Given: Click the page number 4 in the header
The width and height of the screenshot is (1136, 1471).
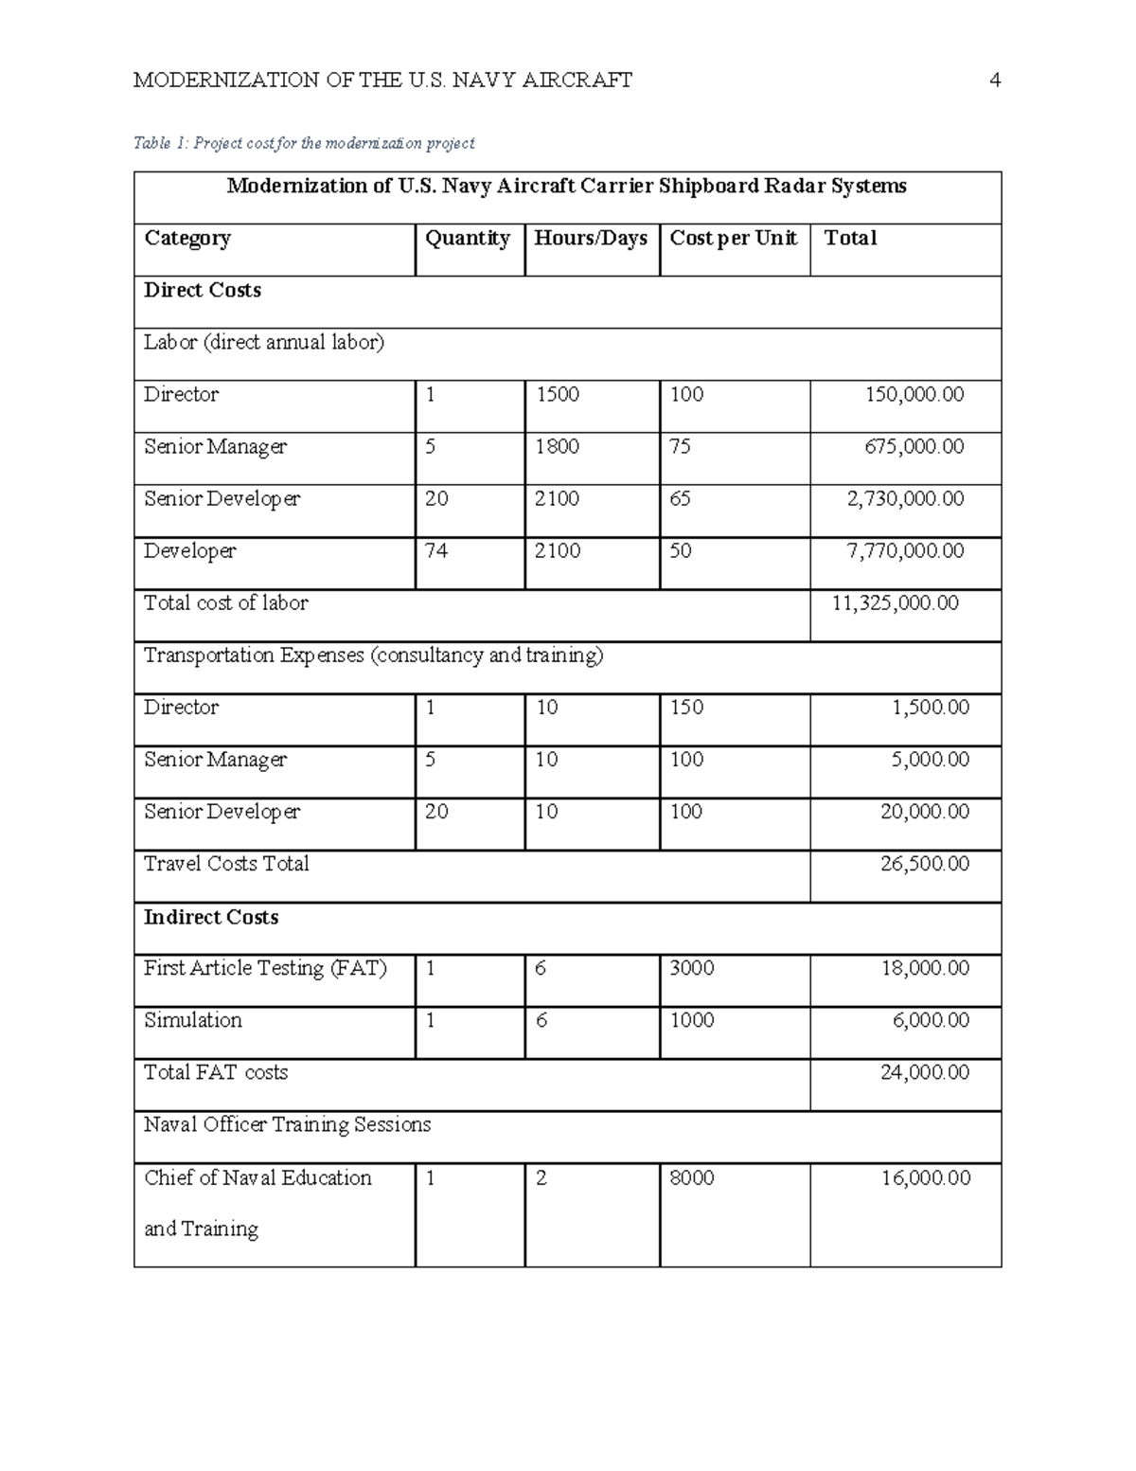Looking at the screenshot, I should pyautogui.click(x=994, y=81).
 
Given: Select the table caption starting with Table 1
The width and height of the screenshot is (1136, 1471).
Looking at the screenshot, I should pyautogui.click(x=304, y=143).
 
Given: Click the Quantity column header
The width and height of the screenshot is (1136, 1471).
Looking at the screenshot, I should pyautogui.click(x=468, y=239).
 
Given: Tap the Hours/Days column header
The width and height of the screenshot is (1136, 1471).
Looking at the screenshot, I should pyautogui.click(x=591, y=239).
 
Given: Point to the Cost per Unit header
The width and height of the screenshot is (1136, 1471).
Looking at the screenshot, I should pyautogui.click(x=734, y=239).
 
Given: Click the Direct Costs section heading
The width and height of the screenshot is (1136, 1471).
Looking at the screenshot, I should pyautogui.click(x=203, y=291).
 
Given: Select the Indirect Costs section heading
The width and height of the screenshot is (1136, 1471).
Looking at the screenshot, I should pyautogui.click(x=211, y=917).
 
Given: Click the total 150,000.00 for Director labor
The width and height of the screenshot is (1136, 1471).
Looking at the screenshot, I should pyautogui.click(x=914, y=395).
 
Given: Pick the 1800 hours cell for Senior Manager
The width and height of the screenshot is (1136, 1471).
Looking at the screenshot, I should pyautogui.click(x=557, y=447).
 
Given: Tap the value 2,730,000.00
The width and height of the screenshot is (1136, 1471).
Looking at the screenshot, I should pyautogui.click(x=905, y=499).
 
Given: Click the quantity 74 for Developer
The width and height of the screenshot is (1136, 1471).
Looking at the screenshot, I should pyautogui.click(x=436, y=551).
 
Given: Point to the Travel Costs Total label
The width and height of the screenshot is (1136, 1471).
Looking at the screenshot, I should pyautogui.click(x=226, y=864).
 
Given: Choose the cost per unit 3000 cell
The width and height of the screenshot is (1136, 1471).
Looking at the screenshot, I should pyautogui.click(x=692, y=968).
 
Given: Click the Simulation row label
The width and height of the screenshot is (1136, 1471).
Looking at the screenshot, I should pyautogui.click(x=193, y=1020).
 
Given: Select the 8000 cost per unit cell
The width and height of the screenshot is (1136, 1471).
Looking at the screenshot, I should pyautogui.click(x=692, y=1178).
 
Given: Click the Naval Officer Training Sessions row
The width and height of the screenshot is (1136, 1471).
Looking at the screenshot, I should pyautogui.click(x=288, y=1125).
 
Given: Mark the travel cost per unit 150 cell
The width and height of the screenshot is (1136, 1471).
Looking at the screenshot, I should pyautogui.click(x=686, y=708).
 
